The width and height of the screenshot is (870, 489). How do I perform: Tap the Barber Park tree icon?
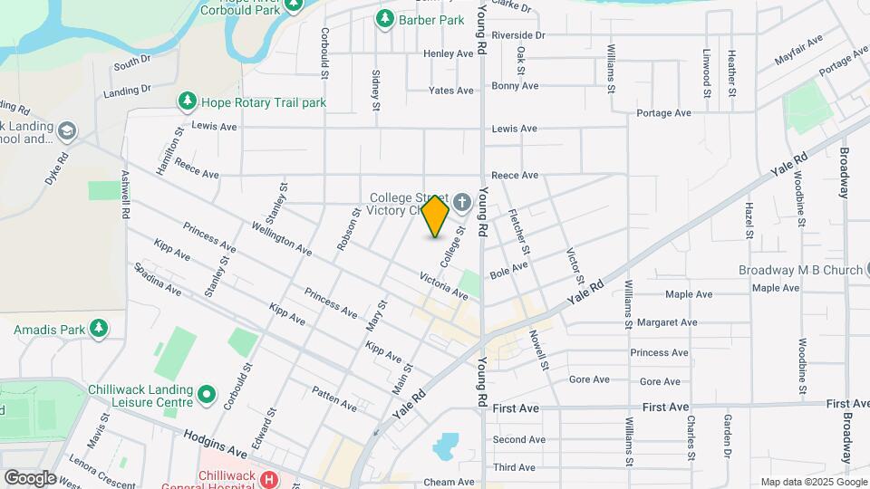[385, 18]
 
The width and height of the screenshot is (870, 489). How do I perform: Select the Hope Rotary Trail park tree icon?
[188, 102]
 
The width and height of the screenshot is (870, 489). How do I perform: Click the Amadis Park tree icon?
[98, 328]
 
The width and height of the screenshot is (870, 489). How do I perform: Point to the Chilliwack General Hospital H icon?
[268, 478]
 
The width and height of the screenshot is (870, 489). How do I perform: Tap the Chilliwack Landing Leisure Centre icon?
[207, 395]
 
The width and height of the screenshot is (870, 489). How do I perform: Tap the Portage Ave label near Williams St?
[663, 113]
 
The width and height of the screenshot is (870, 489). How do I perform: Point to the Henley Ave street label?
[449, 53]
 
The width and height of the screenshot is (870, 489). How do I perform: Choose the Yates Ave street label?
[451, 91]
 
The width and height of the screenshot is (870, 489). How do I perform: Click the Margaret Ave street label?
[666, 321]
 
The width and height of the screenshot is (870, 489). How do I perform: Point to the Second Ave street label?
[519, 440]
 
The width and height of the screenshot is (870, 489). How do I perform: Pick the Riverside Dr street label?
[518, 35]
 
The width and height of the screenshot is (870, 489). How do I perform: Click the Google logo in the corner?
[30, 478]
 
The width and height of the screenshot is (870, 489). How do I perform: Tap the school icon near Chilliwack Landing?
[65, 132]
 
